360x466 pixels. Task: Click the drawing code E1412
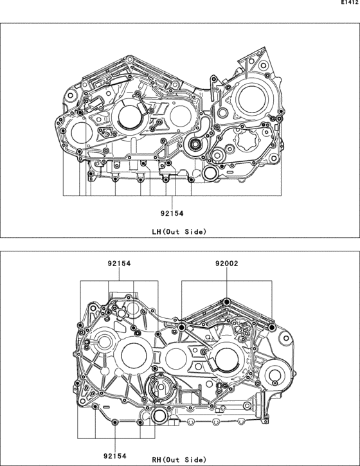click(x=350, y=3)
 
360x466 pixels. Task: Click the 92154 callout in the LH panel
click(x=172, y=213)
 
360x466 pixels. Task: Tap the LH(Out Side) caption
click(x=179, y=231)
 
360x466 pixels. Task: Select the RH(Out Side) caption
click(x=179, y=460)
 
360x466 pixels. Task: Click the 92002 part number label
click(x=227, y=264)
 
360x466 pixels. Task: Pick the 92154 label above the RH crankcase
click(x=119, y=264)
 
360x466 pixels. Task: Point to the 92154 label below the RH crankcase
click(x=115, y=456)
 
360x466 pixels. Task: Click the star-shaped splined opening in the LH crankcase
click(x=246, y=140)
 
